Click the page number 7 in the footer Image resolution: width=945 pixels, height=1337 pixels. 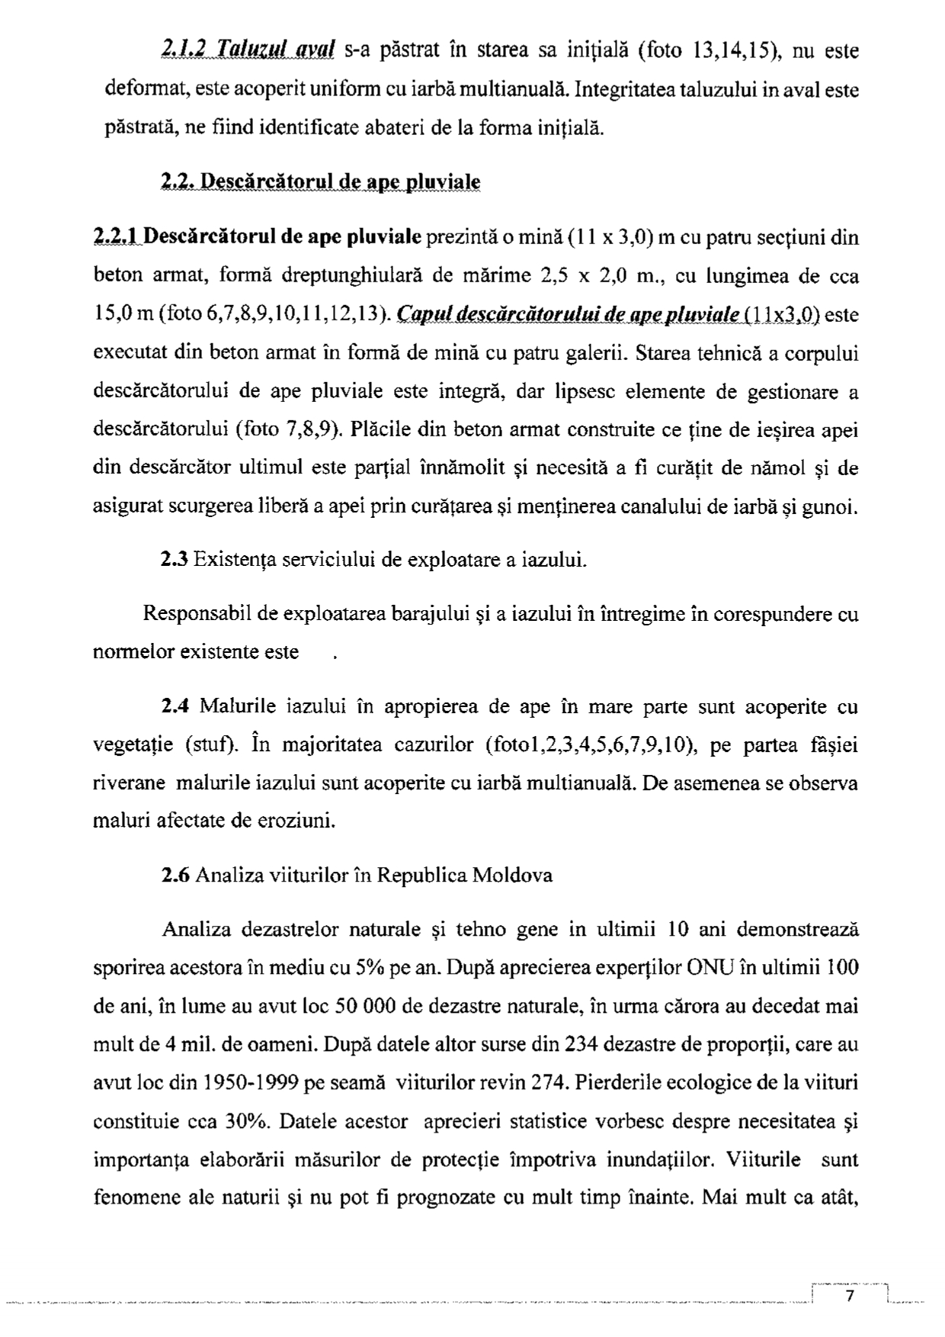850,1297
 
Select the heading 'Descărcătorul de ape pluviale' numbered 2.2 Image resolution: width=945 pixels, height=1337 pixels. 320,182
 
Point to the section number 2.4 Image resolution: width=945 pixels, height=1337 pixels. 175,707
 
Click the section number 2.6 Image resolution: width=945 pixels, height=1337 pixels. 175,874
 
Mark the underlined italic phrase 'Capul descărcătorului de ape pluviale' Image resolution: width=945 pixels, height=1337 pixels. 569,314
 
